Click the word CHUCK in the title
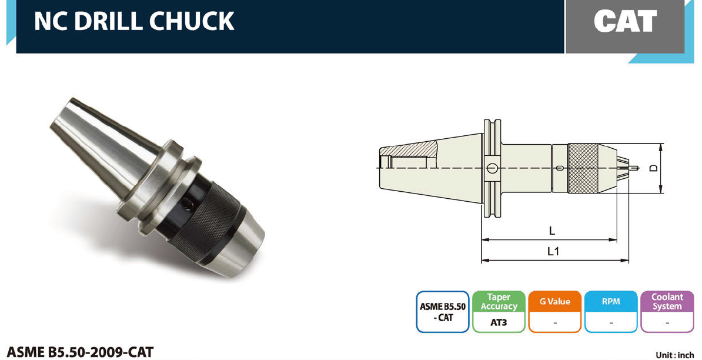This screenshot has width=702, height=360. tap(192, 21)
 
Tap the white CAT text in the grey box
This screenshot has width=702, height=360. tap(625, 21)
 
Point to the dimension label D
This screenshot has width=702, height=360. tap(654, 168)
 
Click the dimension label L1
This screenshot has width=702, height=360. tap(553, 251)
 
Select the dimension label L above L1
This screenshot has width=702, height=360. tap(552, 231)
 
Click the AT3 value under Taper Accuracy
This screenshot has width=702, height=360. tap(499, 322)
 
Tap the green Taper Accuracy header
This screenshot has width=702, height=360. tap(499, 302)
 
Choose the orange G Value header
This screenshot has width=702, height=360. tap(554, 302)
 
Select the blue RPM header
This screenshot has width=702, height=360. tap(611, 302)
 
